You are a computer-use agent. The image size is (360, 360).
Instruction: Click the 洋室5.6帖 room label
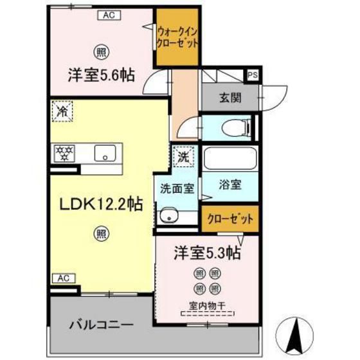pyautogui.click(x=101, y=75)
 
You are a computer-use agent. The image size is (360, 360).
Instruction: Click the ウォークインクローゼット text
pyautogui.click(x=177, y=37)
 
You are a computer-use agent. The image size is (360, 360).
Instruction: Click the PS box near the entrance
pyautogui.click(x=253, y=75)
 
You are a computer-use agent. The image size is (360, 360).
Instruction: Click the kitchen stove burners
pyautogui.click(x=64, y=153)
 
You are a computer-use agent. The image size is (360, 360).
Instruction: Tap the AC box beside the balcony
pyautogui.click(x=62, y=278)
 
